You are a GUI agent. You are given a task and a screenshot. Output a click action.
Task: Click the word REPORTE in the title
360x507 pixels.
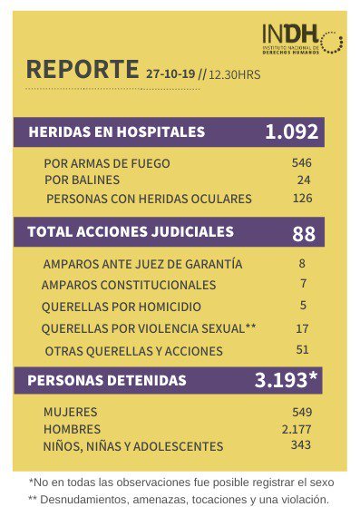pyautogui.click(x=83, y=70)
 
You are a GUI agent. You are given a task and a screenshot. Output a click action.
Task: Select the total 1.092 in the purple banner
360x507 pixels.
pyautogui.click(x=291, y=132)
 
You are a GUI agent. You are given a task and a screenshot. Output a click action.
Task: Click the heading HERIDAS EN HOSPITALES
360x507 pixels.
pyautogui.click(x=117, y=132)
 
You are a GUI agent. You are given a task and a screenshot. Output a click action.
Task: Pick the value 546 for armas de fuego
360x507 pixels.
pyautogui.click(x=301, y=163)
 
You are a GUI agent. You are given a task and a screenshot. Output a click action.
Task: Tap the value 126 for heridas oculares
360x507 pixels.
pyautogui.click(x=301, y=198)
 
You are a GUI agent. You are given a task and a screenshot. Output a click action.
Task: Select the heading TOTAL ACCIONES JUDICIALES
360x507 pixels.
pyautogui.click(x=131, y=232)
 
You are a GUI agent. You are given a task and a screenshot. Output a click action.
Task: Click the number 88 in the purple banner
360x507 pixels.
pyautogui.click(x=303, y=233)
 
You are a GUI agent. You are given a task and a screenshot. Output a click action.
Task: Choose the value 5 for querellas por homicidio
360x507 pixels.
pyautogui.click(x=302, y=306)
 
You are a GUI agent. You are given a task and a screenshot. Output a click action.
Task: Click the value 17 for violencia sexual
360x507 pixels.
pyautogui.click(x=302, y=327)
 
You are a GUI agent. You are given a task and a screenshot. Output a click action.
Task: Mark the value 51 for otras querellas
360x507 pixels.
pyautogui.click(x=302, y=350)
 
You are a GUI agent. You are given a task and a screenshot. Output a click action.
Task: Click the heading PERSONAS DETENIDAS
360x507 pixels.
pyautogui.click(x=107, y=380)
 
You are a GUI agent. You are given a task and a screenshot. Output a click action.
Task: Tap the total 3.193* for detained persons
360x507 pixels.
pyautogui.click(x=286, y=380)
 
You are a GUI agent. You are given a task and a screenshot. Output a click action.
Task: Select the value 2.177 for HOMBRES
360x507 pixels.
pyautogui.click(x=297, y=428)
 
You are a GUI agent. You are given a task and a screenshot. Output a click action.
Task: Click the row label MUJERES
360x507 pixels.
pyautogui.click(x=70, y=412)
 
